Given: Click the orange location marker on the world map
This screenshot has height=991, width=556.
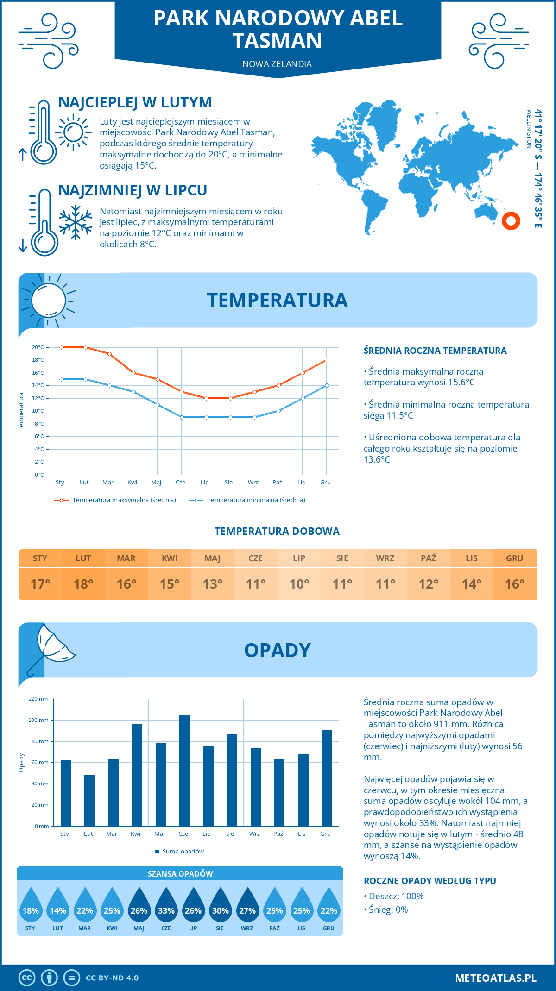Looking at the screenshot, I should (511, 221).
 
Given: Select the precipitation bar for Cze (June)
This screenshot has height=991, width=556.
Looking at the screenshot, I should (184, 771).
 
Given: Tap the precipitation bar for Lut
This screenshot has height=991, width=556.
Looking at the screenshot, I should (89, 800).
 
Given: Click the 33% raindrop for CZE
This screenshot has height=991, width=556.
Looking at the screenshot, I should (166, 906).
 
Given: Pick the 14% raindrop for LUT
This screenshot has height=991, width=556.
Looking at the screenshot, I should (58, 906).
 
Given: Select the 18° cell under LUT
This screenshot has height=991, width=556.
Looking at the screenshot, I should (83, 584).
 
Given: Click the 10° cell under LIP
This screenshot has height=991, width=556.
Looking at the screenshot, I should (299, 584).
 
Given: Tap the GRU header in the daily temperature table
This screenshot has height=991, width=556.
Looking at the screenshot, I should (514, 558).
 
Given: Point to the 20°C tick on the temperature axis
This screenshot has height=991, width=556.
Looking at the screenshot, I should (38, 347).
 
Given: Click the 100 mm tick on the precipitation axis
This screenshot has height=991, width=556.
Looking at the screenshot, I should (38, 720).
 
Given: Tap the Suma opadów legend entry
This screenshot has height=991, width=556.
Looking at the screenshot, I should (183, 851).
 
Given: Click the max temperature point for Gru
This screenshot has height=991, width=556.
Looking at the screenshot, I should (327, 360).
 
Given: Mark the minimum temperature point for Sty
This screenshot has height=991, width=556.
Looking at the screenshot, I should (61, 379).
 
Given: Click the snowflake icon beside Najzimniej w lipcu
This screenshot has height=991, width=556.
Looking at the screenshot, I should (76, 222).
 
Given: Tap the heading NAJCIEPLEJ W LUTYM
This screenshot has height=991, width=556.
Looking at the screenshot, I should (135, 102).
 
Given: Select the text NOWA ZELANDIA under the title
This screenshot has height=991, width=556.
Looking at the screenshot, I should (277, 64).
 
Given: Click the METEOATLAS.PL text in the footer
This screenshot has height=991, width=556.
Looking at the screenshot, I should (495, 978).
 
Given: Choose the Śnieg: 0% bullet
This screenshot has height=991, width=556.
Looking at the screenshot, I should (388, 909).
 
